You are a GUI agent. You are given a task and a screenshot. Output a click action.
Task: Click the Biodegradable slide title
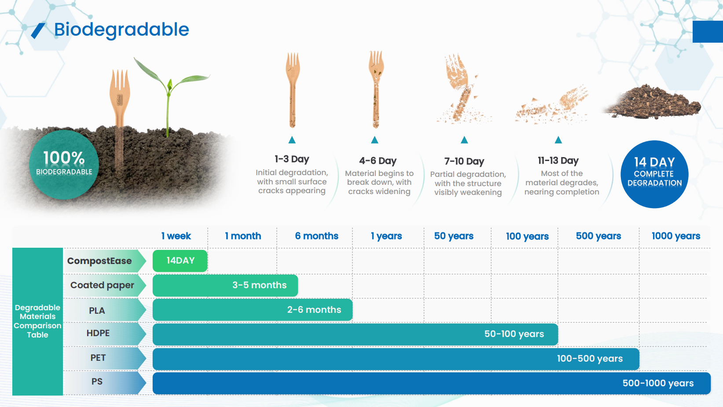click(121, 30)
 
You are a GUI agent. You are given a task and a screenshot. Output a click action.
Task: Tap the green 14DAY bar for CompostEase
click(180, 261)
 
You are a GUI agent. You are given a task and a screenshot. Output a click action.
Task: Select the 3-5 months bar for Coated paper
click(225, 285)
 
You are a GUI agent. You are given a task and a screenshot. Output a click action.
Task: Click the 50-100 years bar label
click(514, 334)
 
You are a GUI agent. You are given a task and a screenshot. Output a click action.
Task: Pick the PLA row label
click(97, 311)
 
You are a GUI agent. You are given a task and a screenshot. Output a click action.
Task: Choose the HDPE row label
click(98, 333)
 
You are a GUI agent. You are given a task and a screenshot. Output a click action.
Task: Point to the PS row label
click(97, 381)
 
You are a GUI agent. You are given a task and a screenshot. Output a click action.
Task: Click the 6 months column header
click(317, 236)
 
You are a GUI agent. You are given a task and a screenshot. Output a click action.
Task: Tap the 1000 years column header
click(676, 236)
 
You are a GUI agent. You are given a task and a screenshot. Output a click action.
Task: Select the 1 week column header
click(176, 236)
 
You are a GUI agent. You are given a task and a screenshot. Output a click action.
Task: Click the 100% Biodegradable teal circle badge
click(64, 165)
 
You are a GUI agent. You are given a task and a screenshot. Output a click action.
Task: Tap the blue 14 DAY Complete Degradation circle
click(654, 174)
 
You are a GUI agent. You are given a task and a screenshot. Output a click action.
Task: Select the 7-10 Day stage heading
click(464, 161)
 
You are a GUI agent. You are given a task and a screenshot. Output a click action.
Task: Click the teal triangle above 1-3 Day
click(292, 140)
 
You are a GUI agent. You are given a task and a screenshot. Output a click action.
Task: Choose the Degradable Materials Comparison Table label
click(37, 321)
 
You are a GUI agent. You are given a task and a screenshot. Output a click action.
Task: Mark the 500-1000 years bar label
click(658, 383)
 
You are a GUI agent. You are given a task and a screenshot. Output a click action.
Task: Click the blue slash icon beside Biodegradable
click(38, 31)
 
